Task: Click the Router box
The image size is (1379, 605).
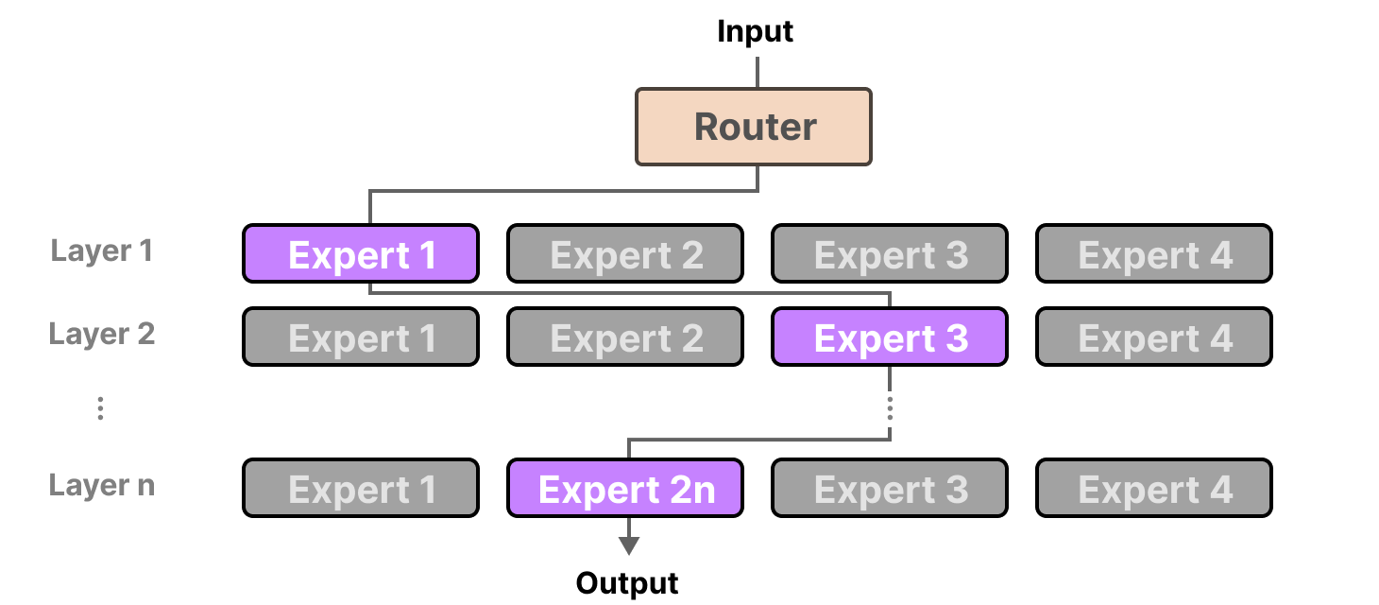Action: pyautogui.click(x=753, y=127)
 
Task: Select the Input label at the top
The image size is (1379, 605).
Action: pyautogui.click(x=755, y=31)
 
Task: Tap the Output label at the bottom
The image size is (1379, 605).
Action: pyautogui.click(x=627, y=583)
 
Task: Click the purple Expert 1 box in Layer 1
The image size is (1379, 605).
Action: pyautogui.click(x=361, y=254)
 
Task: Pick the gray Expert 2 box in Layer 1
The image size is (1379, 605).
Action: pyautogui.click(x=625, y=254)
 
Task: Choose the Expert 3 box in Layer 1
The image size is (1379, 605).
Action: pyautogui.click(x=890, y=254)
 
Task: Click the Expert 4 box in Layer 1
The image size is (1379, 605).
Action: pyautogui.click(x=1154, y=254)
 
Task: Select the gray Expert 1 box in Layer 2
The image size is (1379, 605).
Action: pyautogui.click(x=361, y=337)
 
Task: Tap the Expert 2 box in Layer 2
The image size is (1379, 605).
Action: pyautogui.click(x=625, y=337)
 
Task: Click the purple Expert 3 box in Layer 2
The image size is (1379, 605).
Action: pyautogui.click(x=890, y=337)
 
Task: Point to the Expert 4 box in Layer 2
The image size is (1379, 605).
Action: pyautogui.click(x=1154, y=337)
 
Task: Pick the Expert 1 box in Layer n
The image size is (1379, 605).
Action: pyautogui.click(x=361, y=489)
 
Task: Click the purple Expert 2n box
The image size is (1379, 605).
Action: pyautogui.click(x=625, y=489)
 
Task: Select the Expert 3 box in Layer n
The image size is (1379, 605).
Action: pyautogui.click(x=890, y=489)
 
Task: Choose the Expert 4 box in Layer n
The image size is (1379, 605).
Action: pyautogui.click(x=1154, y=489)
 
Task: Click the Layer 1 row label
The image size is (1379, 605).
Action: pyautogui.click(x=101, y=251)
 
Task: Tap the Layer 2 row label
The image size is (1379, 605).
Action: pyautogui.click(x=101, y=335)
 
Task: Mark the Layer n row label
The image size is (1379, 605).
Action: pyautogui.click(x=101, y=486)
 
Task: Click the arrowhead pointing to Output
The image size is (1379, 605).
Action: pyautogui.click(x=628, y=546)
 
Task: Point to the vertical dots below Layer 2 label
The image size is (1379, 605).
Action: pyautogui.click(x=100, y=408)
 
